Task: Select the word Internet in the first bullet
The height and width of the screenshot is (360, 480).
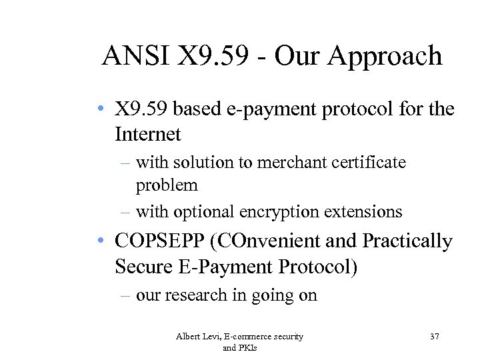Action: [x=147, y=135]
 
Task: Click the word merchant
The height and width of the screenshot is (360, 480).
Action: [x=271, y=162]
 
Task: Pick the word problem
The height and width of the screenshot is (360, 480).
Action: [x=167, y=185]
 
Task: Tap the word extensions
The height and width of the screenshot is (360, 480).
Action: [x=362, y=212]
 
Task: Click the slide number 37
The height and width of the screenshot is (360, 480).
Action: [x=434, y=337]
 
